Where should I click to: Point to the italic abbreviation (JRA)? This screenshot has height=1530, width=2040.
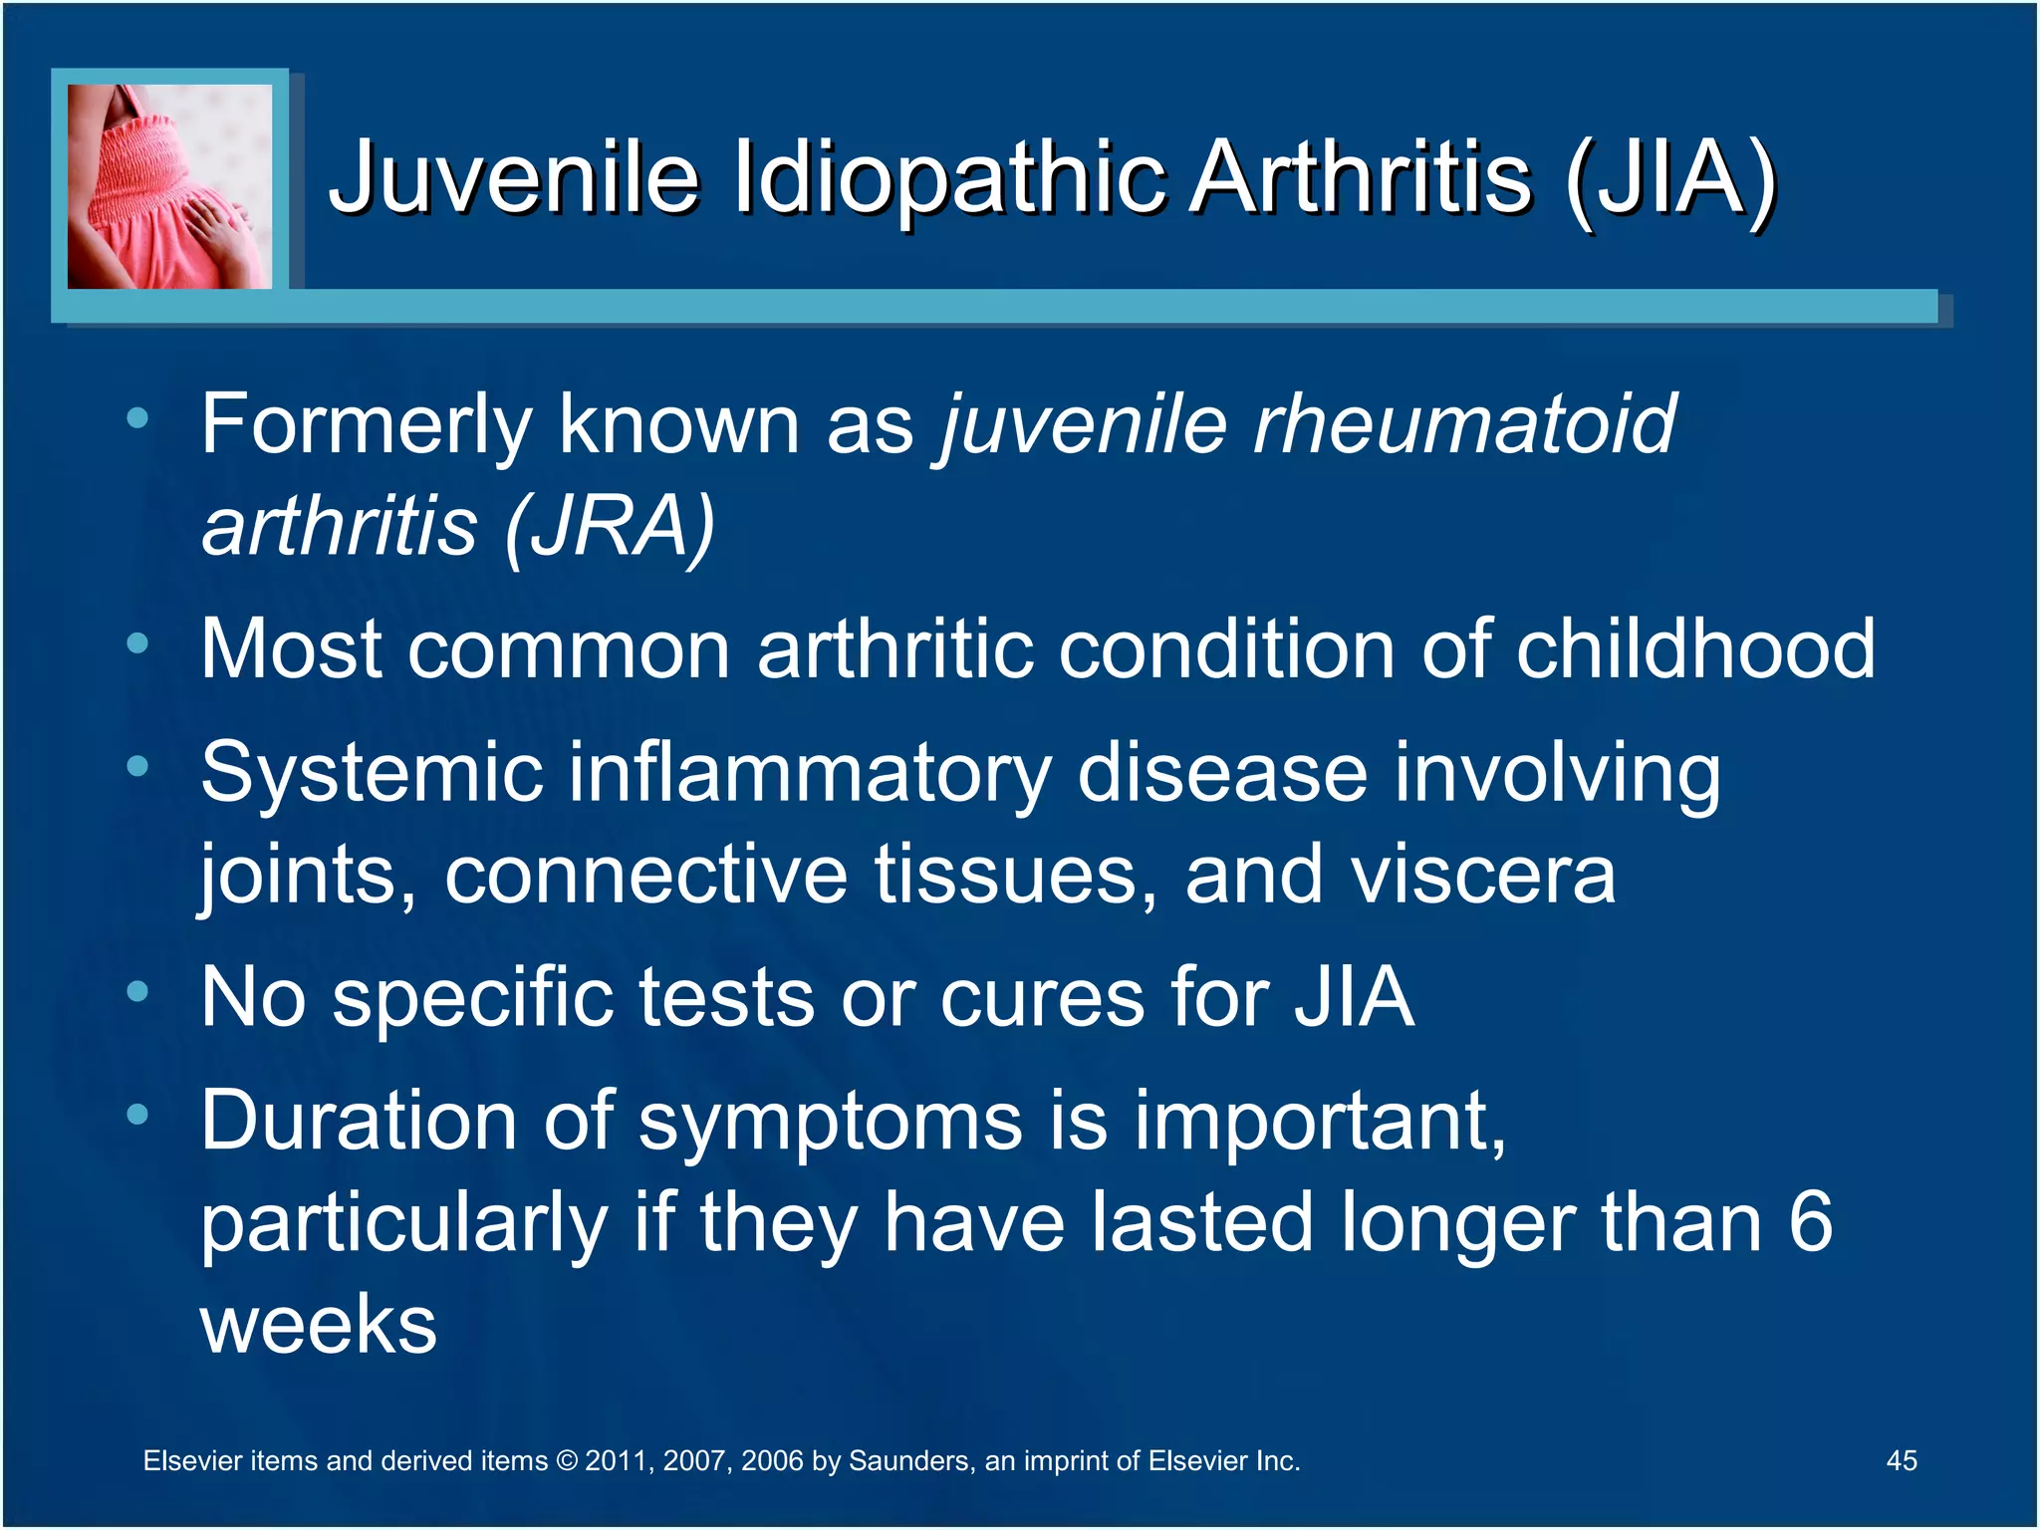(x=610, y=527)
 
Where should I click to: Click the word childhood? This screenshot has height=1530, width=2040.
(x=1695, y=649)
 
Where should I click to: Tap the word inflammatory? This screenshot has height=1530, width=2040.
(x=810, y=773)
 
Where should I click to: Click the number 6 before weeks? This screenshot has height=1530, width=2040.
(x=1810, y=1223)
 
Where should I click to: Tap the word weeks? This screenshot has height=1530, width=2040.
(x=319, y=1325)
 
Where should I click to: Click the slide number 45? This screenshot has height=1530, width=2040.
(x=1902, y=1460)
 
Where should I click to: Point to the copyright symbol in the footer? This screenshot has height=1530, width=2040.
(x=566, y=1461)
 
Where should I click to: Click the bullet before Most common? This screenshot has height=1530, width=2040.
(x=137, y=644)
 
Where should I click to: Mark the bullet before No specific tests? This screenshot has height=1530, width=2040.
(x=137, y=992)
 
